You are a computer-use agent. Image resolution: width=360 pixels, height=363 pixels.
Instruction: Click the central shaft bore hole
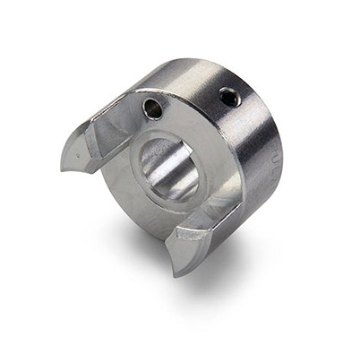[169, 169]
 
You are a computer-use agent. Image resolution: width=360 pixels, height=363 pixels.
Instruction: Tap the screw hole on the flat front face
[151, 109]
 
